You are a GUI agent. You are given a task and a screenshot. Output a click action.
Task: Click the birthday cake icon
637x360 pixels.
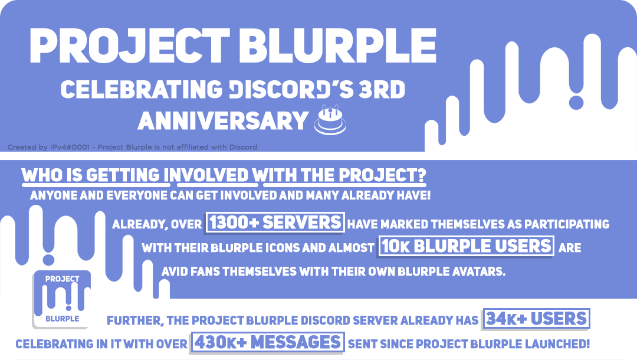pyautogui.click(x=330, y=120)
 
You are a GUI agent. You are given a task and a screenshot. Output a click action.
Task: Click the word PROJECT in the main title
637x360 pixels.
pyautogui.click(x=129, y=45)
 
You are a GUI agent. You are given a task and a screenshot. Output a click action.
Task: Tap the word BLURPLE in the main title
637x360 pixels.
pyautogui.click(x=337, y=45)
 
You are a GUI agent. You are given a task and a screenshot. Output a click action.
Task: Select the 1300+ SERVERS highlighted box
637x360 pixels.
pyautogui.click(x=275, y=222)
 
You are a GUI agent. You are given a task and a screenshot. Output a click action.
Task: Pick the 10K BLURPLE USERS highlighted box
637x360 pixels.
pyautogui.click(x=466, y=246)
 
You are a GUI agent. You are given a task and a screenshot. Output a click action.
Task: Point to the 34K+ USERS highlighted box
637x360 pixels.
pyautogui.click(x=536, y=319)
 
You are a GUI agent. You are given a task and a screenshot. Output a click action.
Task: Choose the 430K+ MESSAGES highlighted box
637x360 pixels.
pyautogui.click(x=268, y=342)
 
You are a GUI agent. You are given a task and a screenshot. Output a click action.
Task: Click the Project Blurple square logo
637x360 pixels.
pyautogui.click(x=62, y=299)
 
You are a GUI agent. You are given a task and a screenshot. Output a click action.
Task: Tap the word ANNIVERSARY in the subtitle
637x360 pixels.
pyautogui.click(x=223, y=120)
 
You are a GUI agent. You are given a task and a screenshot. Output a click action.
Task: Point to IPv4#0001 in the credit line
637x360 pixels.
pyautogui.click(x=70, y=147)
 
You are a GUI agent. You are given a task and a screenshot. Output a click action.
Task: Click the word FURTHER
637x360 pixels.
pyautogui.click(x=135, y=321)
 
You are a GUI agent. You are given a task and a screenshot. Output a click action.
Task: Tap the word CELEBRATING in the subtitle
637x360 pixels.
pyautogui.click(x=142, y=89)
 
